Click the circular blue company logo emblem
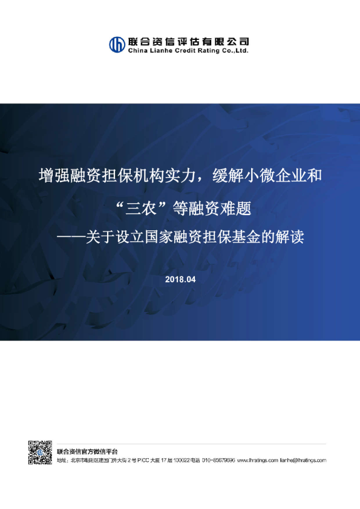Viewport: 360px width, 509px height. tap(117, 45)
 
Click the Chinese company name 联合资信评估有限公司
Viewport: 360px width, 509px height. tap(188, 41)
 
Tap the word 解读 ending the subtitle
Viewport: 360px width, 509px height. tap(287, 238)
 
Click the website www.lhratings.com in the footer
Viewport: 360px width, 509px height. tap(257, 460)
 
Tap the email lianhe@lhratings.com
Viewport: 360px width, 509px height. tap(303, 460)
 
